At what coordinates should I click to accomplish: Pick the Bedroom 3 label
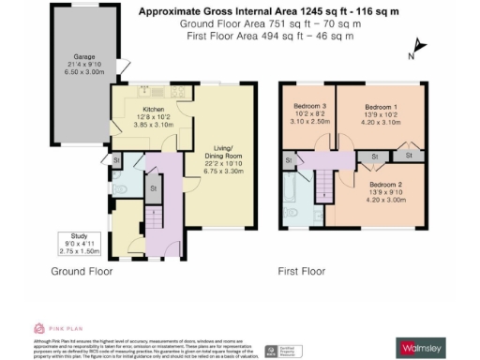[x=309, y=108]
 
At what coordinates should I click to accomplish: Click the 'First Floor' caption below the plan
[x=300, y=272]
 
